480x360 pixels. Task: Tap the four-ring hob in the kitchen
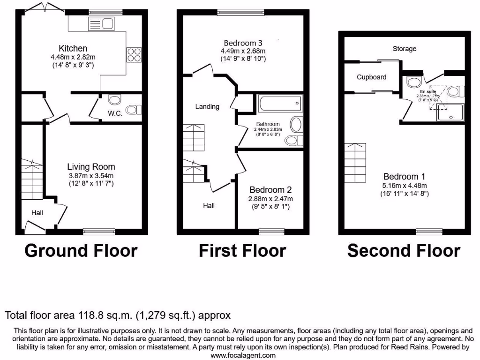click(132, 55)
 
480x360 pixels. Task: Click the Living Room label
click(91, 167)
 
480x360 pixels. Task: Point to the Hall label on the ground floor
click(37, 213)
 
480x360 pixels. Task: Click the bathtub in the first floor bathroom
click(279, 102)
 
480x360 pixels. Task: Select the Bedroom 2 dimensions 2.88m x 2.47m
click(270, 198)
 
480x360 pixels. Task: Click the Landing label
click(207, 106)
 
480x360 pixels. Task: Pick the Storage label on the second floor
click(405, 49)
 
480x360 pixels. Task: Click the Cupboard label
click(371, 77)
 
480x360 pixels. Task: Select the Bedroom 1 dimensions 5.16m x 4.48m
click(404, 185)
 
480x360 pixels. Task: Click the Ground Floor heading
click(81, 251)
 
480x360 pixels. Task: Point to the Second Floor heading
click(404, 251)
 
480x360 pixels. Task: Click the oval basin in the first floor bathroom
click(296, 124)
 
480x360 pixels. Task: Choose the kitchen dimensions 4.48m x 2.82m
click(73, 57)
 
